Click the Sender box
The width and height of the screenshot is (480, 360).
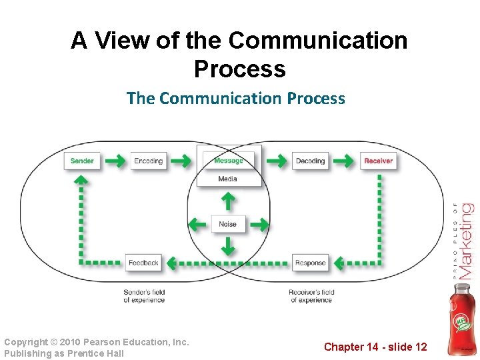click(x=82, y=161)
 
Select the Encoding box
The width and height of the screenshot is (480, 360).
click(x=148, y=161)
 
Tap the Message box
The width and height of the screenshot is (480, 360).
click(x=228, y=161)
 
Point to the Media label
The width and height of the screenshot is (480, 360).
click(x=227, y=179)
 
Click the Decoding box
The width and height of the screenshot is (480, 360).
click(x=310, y=161)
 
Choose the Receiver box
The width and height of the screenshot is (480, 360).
click(x=378, y=161)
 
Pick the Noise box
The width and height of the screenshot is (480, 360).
click(x=227, y=224)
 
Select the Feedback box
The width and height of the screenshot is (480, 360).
click(x=143, y=263)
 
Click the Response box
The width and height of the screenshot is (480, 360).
click(x=310, y=263)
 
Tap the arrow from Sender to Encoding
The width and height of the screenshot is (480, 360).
click(x=115, y=161)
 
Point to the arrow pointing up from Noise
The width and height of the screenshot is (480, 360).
click(x=227, y=201)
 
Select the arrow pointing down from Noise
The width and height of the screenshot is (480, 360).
click(x=227, y=247)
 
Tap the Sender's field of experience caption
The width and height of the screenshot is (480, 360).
click(x=144, y=296)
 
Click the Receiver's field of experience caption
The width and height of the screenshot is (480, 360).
click(x=311, y=296)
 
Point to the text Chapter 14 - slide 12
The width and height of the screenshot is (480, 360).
click(x=375, y=347)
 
